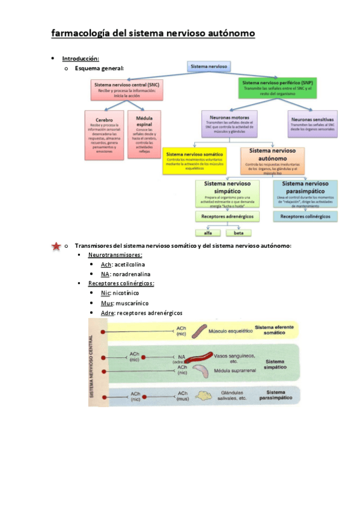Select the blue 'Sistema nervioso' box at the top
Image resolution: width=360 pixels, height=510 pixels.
209,66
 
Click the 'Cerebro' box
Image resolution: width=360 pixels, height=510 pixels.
104,134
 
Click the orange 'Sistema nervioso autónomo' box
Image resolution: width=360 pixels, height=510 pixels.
272,160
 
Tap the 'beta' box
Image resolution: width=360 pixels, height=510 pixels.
239,232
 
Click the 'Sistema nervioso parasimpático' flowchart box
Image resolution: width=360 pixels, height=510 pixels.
305,193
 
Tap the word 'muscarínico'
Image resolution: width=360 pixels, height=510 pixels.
132,304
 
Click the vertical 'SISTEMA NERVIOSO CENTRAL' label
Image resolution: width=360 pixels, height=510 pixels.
92,366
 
